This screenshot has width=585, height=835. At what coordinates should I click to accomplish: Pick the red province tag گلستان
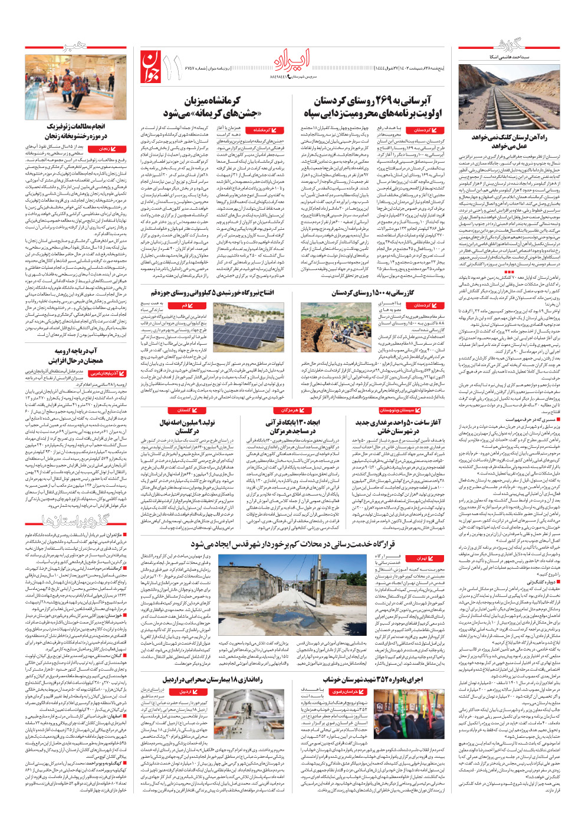click(x=184, y=410)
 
